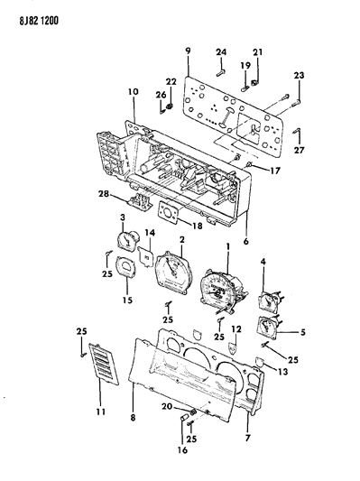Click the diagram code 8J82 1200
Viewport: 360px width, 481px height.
[x=39, y=21]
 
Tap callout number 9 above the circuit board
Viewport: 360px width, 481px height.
[x=188, y=51]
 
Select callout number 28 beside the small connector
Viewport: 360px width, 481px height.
[x=105, y=194]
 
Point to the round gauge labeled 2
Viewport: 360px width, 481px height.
[x=174, y=273]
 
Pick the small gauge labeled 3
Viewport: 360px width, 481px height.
[x=128, y=239]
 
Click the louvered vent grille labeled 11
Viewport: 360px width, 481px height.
[x=104, y=364]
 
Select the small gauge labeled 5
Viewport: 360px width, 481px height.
[x=268, y=328]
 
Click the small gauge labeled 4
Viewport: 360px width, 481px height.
[x=270, y=301]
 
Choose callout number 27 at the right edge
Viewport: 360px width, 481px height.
[x=300, y=150]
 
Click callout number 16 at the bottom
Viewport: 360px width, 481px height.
[x=182, y=449]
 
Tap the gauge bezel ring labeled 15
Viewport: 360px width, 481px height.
[x=126, y=267]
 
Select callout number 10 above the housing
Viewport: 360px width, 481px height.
[x=134, y=91]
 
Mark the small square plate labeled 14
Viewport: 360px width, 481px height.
[x=145, y=255]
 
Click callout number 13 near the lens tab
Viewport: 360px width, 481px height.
[x=282, y=372]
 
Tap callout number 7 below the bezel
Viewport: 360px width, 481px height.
[x=247, y=438]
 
